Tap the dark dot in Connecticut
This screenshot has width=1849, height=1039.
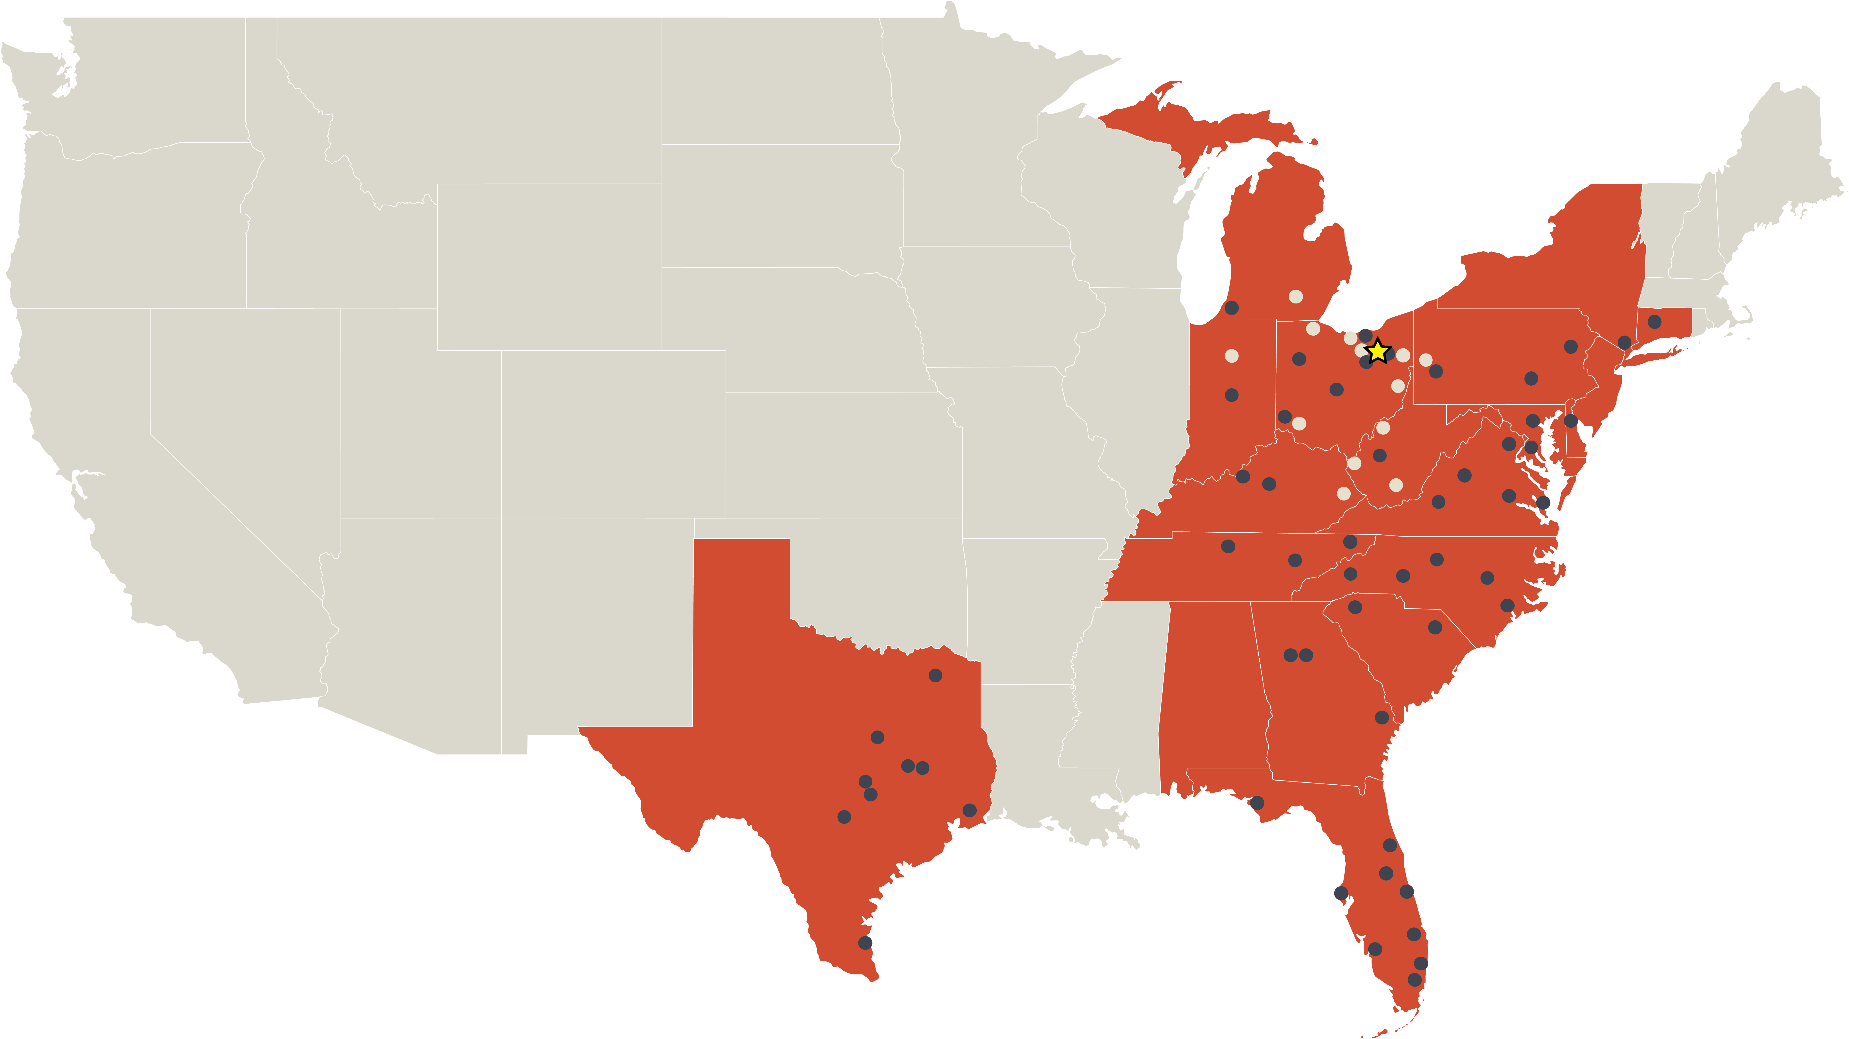[1655, 321]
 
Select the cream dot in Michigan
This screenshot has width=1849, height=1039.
[1296, 296]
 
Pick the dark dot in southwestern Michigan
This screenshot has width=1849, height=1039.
[1232, 308]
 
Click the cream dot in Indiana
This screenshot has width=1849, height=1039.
[1232, 356]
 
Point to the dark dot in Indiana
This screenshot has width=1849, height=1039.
[1232, 395]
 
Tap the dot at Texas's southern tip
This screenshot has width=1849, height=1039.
[866, 943]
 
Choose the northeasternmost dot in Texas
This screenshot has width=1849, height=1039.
[935, 675]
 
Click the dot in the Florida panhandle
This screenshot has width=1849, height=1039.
[1257, 803]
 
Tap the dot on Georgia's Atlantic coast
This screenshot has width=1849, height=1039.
[1382, 718]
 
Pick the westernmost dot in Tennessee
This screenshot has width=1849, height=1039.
[1228, 547]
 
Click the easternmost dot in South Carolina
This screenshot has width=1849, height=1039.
[1435, 628]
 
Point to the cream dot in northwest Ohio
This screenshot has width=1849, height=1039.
[1313, 329]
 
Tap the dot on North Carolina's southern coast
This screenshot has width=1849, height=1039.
[1507, 606]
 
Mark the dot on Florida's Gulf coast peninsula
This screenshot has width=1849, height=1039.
[1341, 893]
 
